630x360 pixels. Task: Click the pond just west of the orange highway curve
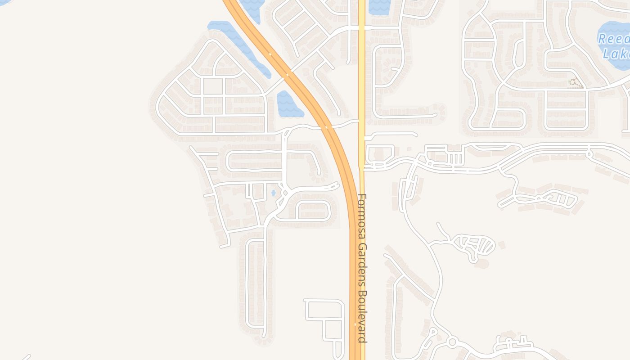click(284, 103)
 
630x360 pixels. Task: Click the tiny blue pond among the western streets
click(274, 193)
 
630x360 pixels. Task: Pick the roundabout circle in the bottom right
click(452, 342)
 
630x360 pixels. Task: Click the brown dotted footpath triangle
click(575, 83)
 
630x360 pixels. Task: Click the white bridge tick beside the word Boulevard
click(355, 324)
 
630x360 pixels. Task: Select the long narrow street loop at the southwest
click(256, 283)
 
